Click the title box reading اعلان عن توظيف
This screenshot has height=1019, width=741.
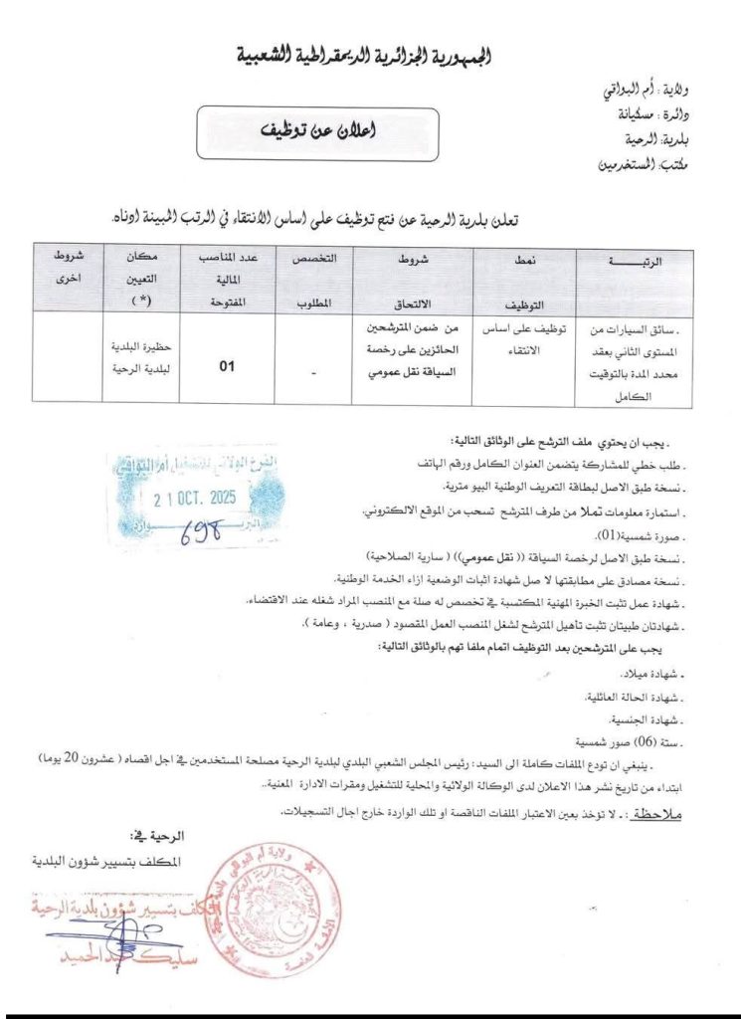tap(310, 132)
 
